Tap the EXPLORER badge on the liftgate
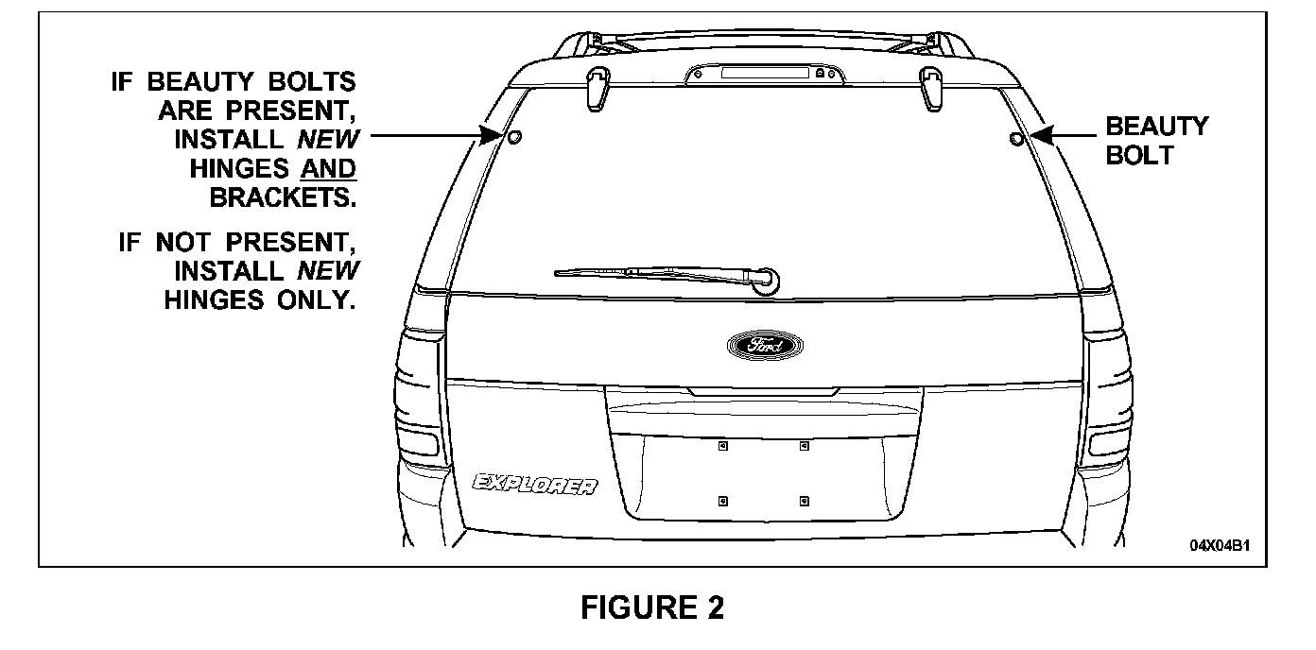[x=535, y=486]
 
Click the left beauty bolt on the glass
[x=514, y=138]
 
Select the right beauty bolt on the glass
[x=1016, y=139]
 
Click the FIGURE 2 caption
[x=652, y=607]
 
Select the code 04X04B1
[x=1226, y=545]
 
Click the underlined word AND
[x=327, y=169]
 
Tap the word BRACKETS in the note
[x=283, y=198]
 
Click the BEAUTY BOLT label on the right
[x=1156, y=141]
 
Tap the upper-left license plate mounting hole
[x=721, y=446]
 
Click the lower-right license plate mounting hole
[x=804, y=499]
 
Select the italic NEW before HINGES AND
[x=328, y=140]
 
